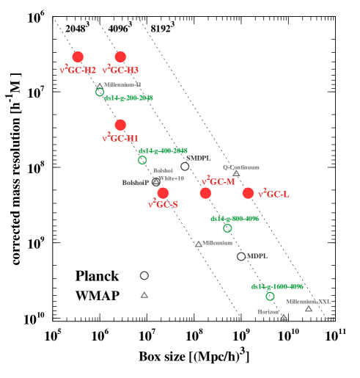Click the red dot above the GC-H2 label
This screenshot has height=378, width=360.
[x=78, y=57]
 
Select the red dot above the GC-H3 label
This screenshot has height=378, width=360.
[x=120, y=57]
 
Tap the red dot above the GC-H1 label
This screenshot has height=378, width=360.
[x=120, y=125]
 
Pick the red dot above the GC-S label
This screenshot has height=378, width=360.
[x=163, y=193]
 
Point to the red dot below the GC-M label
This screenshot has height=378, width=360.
[x=205, y=193]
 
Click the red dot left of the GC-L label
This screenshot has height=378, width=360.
[x=248, y=193]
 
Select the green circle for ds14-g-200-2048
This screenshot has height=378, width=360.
[x=100, y=92]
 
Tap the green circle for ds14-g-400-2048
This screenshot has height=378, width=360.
[x=142, y=160]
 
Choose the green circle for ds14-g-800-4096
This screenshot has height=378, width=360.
[x=227, y=228]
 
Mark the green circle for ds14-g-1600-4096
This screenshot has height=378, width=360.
[x=270, y=297]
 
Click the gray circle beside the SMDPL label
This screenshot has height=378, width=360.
[x=185, y=167]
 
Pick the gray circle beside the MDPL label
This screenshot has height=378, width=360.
[x=241, y=256]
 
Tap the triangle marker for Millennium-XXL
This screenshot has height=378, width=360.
[x=309, y=308]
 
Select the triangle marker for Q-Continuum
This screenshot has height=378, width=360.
[x=236, y=173]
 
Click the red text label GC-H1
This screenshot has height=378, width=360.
[x=120, y=138]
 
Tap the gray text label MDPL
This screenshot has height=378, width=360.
[x=257, y=256]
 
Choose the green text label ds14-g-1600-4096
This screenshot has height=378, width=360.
[x=276, y=287]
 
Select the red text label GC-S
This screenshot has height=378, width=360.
[x=163, y=204]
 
